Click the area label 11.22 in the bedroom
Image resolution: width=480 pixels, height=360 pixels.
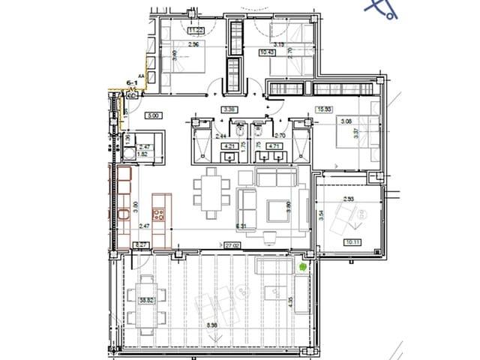pyautogui.click(x=175, y=30)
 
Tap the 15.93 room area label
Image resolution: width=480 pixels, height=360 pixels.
pyautogui.click(x=325, y=109)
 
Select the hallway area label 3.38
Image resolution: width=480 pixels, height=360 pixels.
pyautogui.click(x=229, y=109)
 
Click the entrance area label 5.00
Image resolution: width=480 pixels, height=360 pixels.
pyautogui.click(x=153, y=116)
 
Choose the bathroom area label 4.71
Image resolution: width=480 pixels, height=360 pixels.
pyautogui.click(x=274, y=147)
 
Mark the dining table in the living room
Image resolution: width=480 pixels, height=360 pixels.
pyautogui.click(x=211, y=190)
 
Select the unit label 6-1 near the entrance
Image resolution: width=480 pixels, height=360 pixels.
pyautogui.click(x=134, y=82)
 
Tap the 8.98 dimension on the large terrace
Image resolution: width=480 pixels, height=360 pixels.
pyautogui.click(x=211, y=326)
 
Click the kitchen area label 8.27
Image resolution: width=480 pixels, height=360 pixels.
pyautogui.click(x=139, y=244)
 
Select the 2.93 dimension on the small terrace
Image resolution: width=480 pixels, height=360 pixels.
pyautogui.click(x=348, y=199)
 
